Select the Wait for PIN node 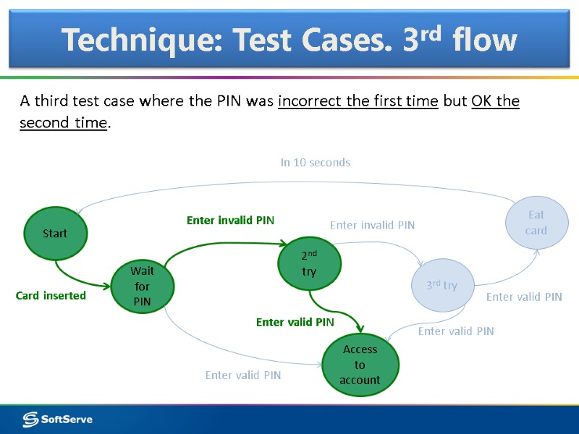(x=142, y=286)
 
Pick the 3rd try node (x=441, y=286)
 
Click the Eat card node (x=536, y=223)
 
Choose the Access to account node (x=360, y=365)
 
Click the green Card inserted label (x=51, y=295)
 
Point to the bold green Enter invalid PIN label (x=230, y=220)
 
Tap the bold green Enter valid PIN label (x=295, y=322)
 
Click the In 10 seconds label (x=316, y=163)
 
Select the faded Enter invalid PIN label (x=372, y=225)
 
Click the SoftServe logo (x=57, y=419)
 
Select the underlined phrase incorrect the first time (x=358, y=101)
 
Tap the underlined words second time (x=63, y=122)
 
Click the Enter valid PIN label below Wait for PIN (x=243, y=375)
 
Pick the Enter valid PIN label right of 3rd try (x=524, y=297)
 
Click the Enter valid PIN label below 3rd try (x=456, y=331)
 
